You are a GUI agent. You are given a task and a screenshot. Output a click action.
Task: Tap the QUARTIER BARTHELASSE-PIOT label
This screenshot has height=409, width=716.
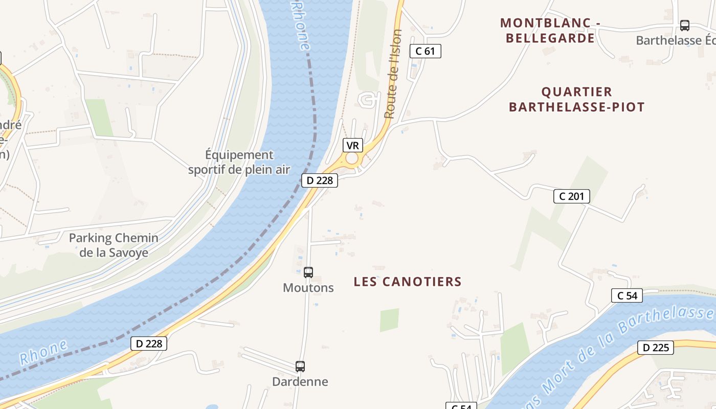click(x=576, y=99)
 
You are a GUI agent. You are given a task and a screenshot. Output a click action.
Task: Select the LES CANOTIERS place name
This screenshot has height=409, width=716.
click(x=408, y=282)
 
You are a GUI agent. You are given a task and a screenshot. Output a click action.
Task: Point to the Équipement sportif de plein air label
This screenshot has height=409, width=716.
click(x=239, y=162)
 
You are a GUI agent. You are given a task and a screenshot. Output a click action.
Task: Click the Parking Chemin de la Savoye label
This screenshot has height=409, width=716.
click(x=114, y=245)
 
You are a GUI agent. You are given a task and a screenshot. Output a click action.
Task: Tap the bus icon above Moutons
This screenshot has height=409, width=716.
click(x=308, y=272)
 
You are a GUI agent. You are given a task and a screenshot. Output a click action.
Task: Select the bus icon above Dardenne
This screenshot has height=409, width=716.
click(x=300, y=367)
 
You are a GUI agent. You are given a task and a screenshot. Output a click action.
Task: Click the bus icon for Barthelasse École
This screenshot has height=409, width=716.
click(x=684, y=26)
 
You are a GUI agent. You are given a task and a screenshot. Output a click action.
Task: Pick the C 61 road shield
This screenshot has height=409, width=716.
click(x=425, y=51)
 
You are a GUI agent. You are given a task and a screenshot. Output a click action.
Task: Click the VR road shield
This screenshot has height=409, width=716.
click(x=352, y=146)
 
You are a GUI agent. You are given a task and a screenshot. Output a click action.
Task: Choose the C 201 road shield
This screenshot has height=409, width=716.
click(x=571, y=196)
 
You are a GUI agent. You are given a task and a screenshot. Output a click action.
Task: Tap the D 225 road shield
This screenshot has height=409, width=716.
click(x=655, y=348)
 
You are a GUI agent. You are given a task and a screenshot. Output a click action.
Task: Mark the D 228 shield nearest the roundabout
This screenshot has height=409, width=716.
click(x=320, y=180)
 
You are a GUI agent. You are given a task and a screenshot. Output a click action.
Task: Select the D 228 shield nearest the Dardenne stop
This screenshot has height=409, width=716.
click(x=149, y=344)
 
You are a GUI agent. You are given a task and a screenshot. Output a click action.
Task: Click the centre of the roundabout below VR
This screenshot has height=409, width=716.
click(x=352, y=158)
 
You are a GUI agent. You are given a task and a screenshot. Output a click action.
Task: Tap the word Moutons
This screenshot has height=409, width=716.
click(x=308, y=288)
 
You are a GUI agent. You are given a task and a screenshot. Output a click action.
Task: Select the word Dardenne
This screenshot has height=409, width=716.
click(x=300, y=382)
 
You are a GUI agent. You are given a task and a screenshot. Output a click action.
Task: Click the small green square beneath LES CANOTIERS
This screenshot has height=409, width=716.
click(x=389, y=320)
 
